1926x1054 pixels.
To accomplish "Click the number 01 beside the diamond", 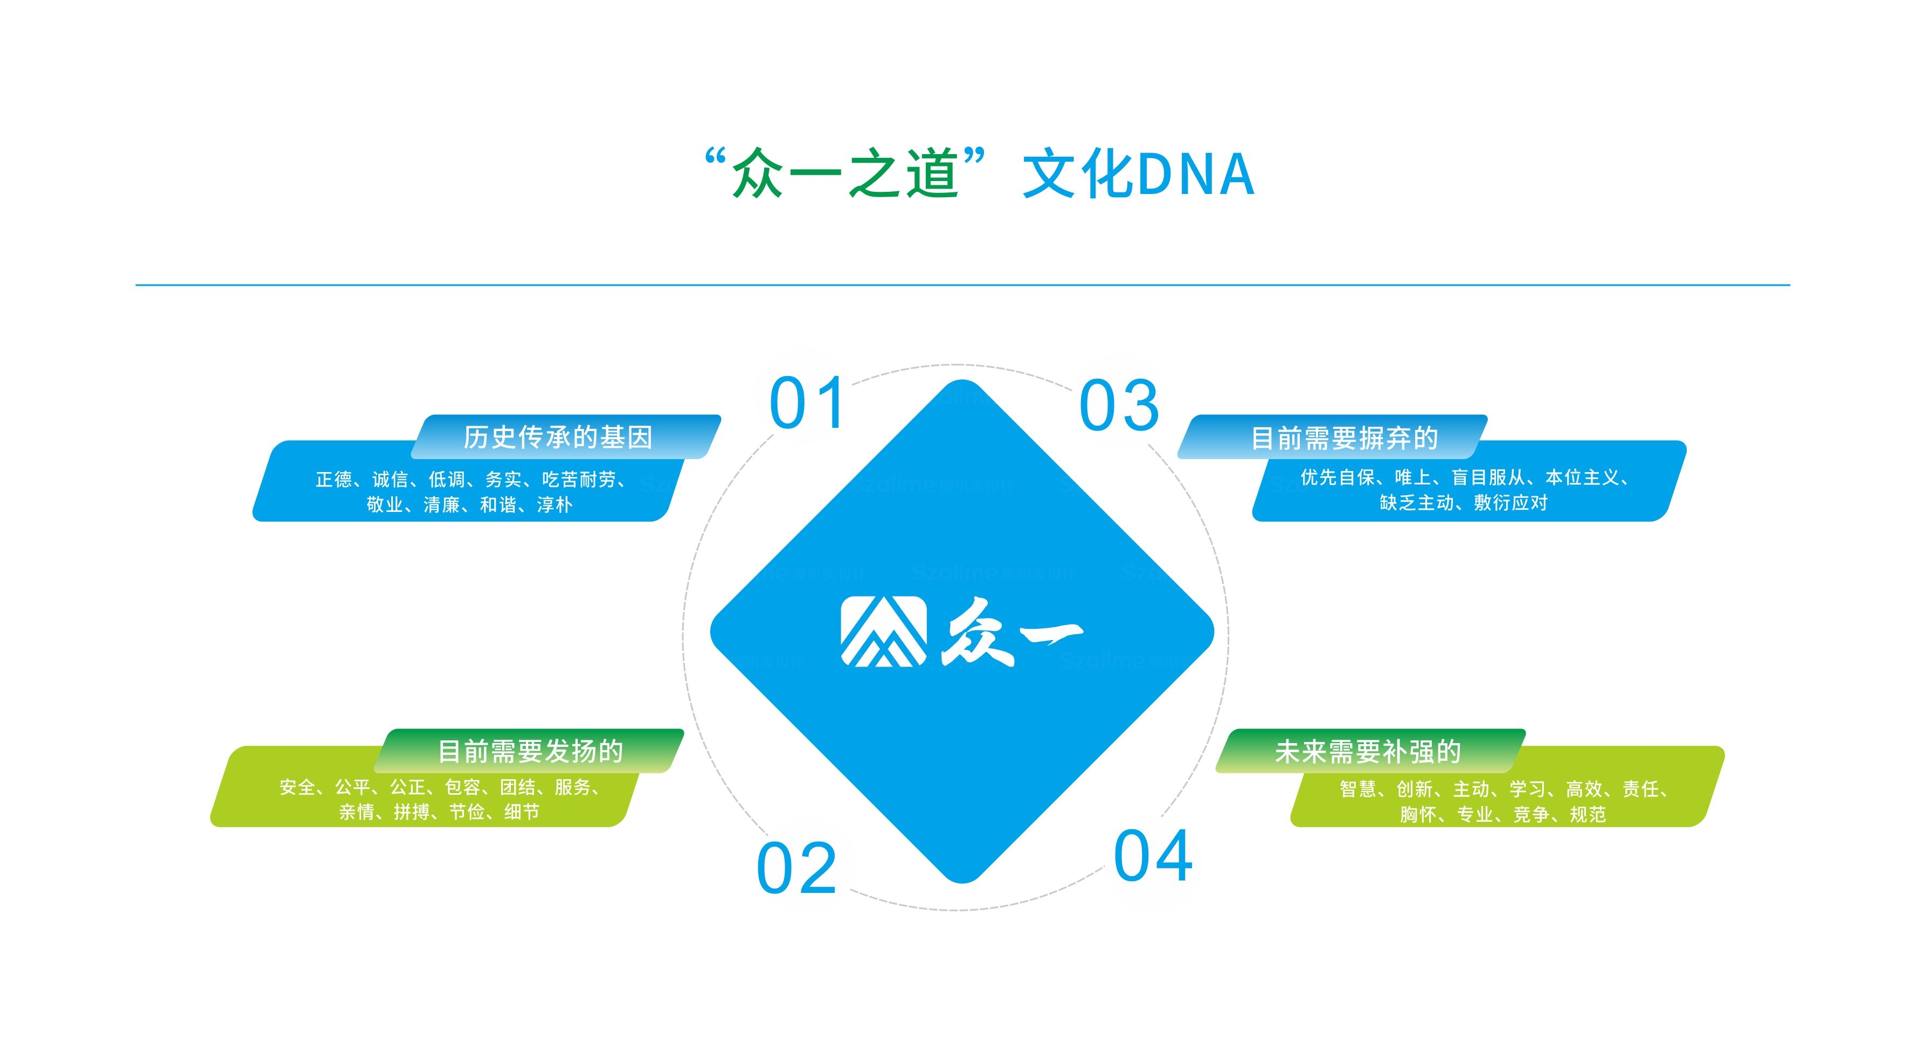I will click(807, 403).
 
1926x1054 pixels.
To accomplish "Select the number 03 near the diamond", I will click(1119, 405).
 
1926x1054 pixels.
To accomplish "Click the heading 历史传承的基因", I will click(558, 438).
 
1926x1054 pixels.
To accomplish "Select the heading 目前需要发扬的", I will click(530, 751).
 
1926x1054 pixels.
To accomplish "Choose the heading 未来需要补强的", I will click(1368, 751).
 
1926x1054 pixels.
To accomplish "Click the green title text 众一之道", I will click(845, 174).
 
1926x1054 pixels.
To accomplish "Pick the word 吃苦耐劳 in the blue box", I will click(579, 479).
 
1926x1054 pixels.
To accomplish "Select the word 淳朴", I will click(554, 504).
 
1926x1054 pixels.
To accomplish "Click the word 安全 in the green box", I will click(297, 787).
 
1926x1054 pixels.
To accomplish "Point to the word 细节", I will click(521, 812).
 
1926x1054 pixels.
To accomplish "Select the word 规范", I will click(1587, 814).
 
